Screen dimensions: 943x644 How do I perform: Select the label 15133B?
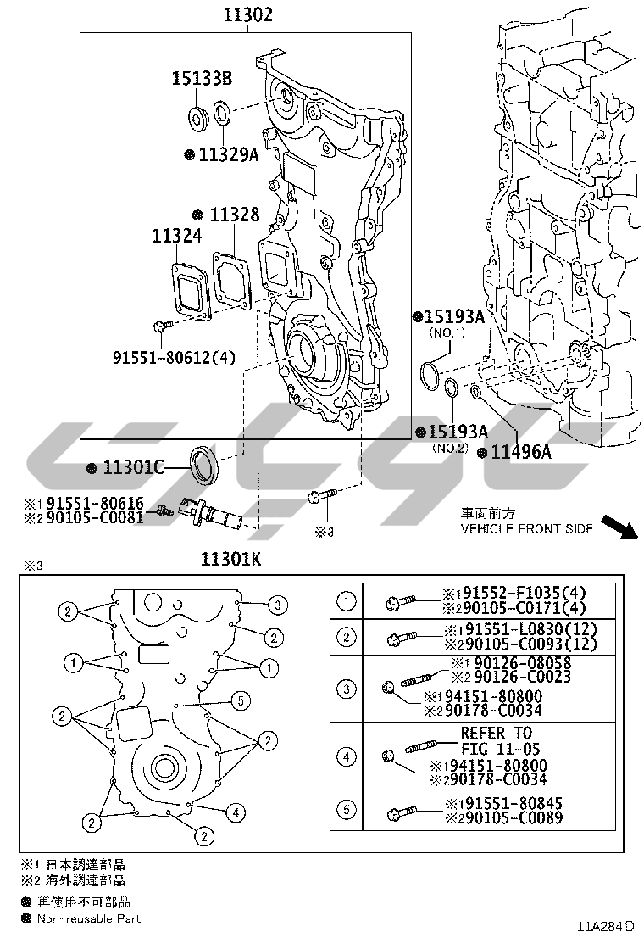(203, 80)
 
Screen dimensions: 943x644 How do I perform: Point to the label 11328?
(235, 215)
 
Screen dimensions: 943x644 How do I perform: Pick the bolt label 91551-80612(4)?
(173, 357)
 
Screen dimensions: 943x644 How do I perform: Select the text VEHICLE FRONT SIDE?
(526, 528)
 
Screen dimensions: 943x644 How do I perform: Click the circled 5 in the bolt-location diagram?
(241, 700)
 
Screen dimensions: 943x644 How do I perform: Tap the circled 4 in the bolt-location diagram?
(236, 812)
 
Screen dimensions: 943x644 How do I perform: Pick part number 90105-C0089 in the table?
(508, 818)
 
